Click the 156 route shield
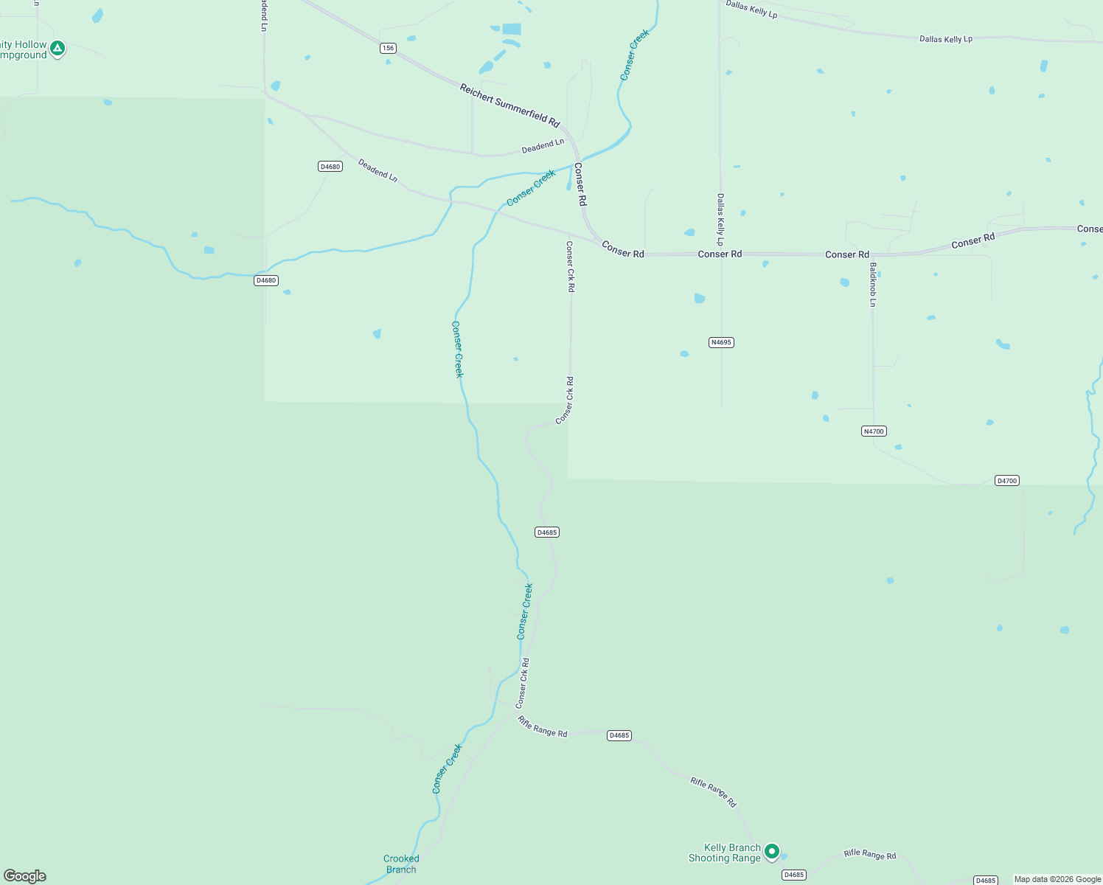tap(389, 48)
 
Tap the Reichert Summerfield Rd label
tap(509, 105)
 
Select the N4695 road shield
tap(721, 342)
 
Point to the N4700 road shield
tap(873, 431)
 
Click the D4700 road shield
tap(1006, 481)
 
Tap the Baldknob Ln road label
tap(873, 285)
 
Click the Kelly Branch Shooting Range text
tap(724, 853)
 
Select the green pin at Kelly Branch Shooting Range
tap(771, 851)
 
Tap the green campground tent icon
tap(58, 49)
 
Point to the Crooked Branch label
tap(401, 864)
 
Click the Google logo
tap(25, 876)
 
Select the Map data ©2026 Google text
tap(1057, 879)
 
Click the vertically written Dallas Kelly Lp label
tap(720, 220)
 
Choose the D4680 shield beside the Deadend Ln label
tap(330, 167)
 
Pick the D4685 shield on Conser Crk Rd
tap(546, 532)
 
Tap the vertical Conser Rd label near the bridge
tap(580, 184)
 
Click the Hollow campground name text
tap(24, 49)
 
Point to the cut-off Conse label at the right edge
tap(1089, 229)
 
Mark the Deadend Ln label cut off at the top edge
tap(263, 15)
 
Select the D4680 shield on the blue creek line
tap(266, 280)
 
